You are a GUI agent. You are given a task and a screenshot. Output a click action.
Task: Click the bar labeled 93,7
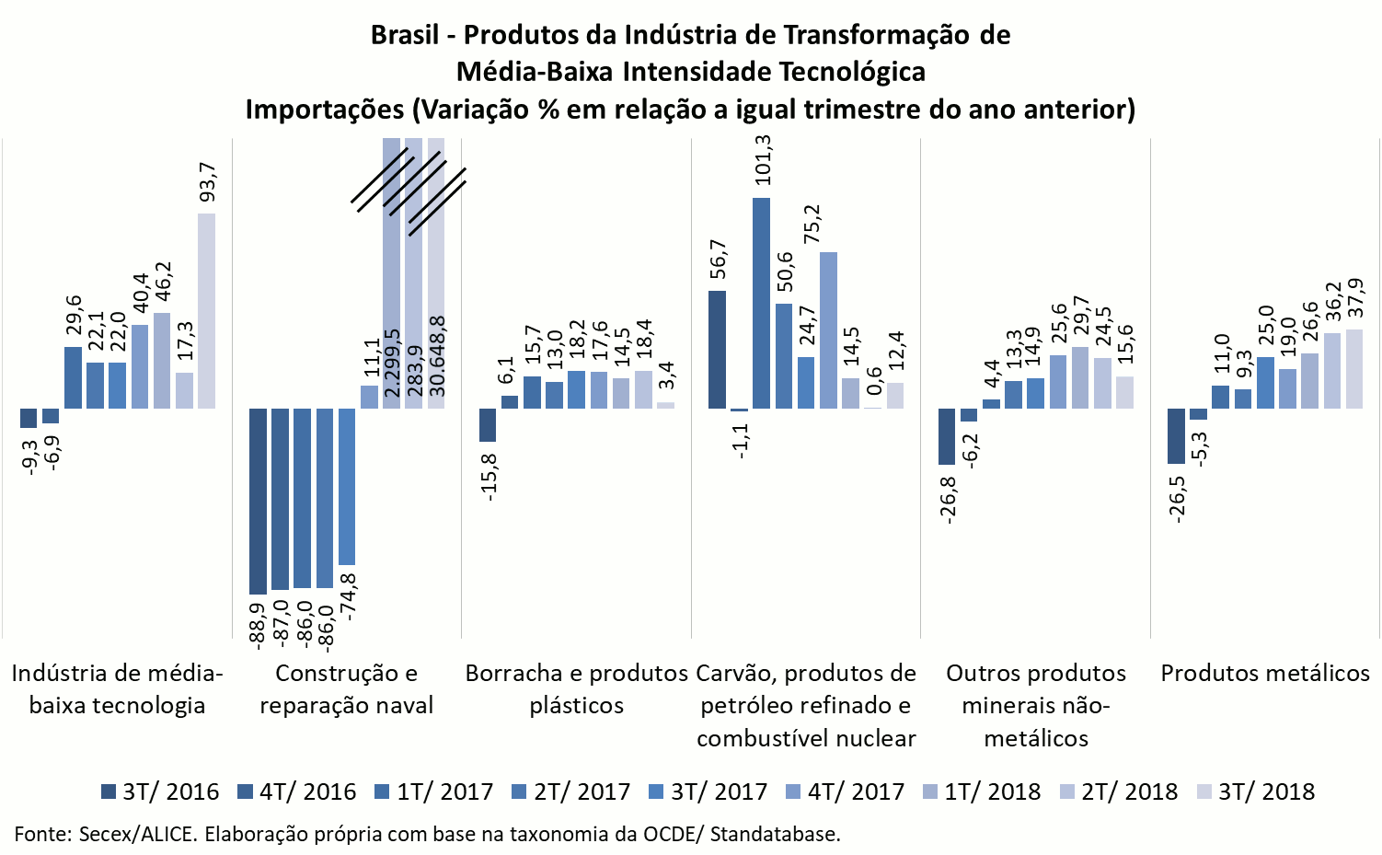(x=206, y=311)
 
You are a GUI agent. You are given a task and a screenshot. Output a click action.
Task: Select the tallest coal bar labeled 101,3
(x=761, y=303)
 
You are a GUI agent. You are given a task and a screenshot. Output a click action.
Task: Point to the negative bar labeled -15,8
(x=488, y=424)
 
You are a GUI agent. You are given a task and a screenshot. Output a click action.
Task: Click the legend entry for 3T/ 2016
(x=160, y=791)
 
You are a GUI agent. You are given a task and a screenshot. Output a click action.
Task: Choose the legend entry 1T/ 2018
(x=982, y=791)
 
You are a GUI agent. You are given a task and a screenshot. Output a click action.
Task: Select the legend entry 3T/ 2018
(x=1256, y=791)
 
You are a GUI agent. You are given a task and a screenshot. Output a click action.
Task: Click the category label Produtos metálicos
(x=1265, y=673)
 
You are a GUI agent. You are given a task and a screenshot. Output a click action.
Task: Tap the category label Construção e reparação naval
(x=346, y=689)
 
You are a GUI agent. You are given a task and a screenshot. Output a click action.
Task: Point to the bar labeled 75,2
(x=828, y=329)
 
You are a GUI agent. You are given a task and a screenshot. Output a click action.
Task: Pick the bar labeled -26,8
(x=947, y=436)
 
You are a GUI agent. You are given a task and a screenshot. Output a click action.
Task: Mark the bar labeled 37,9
(x=1353, y=368)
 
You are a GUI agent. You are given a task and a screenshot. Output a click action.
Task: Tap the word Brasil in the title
(x=404, y=35)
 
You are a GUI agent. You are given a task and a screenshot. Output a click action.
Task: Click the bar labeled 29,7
(x=1080, y=377)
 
